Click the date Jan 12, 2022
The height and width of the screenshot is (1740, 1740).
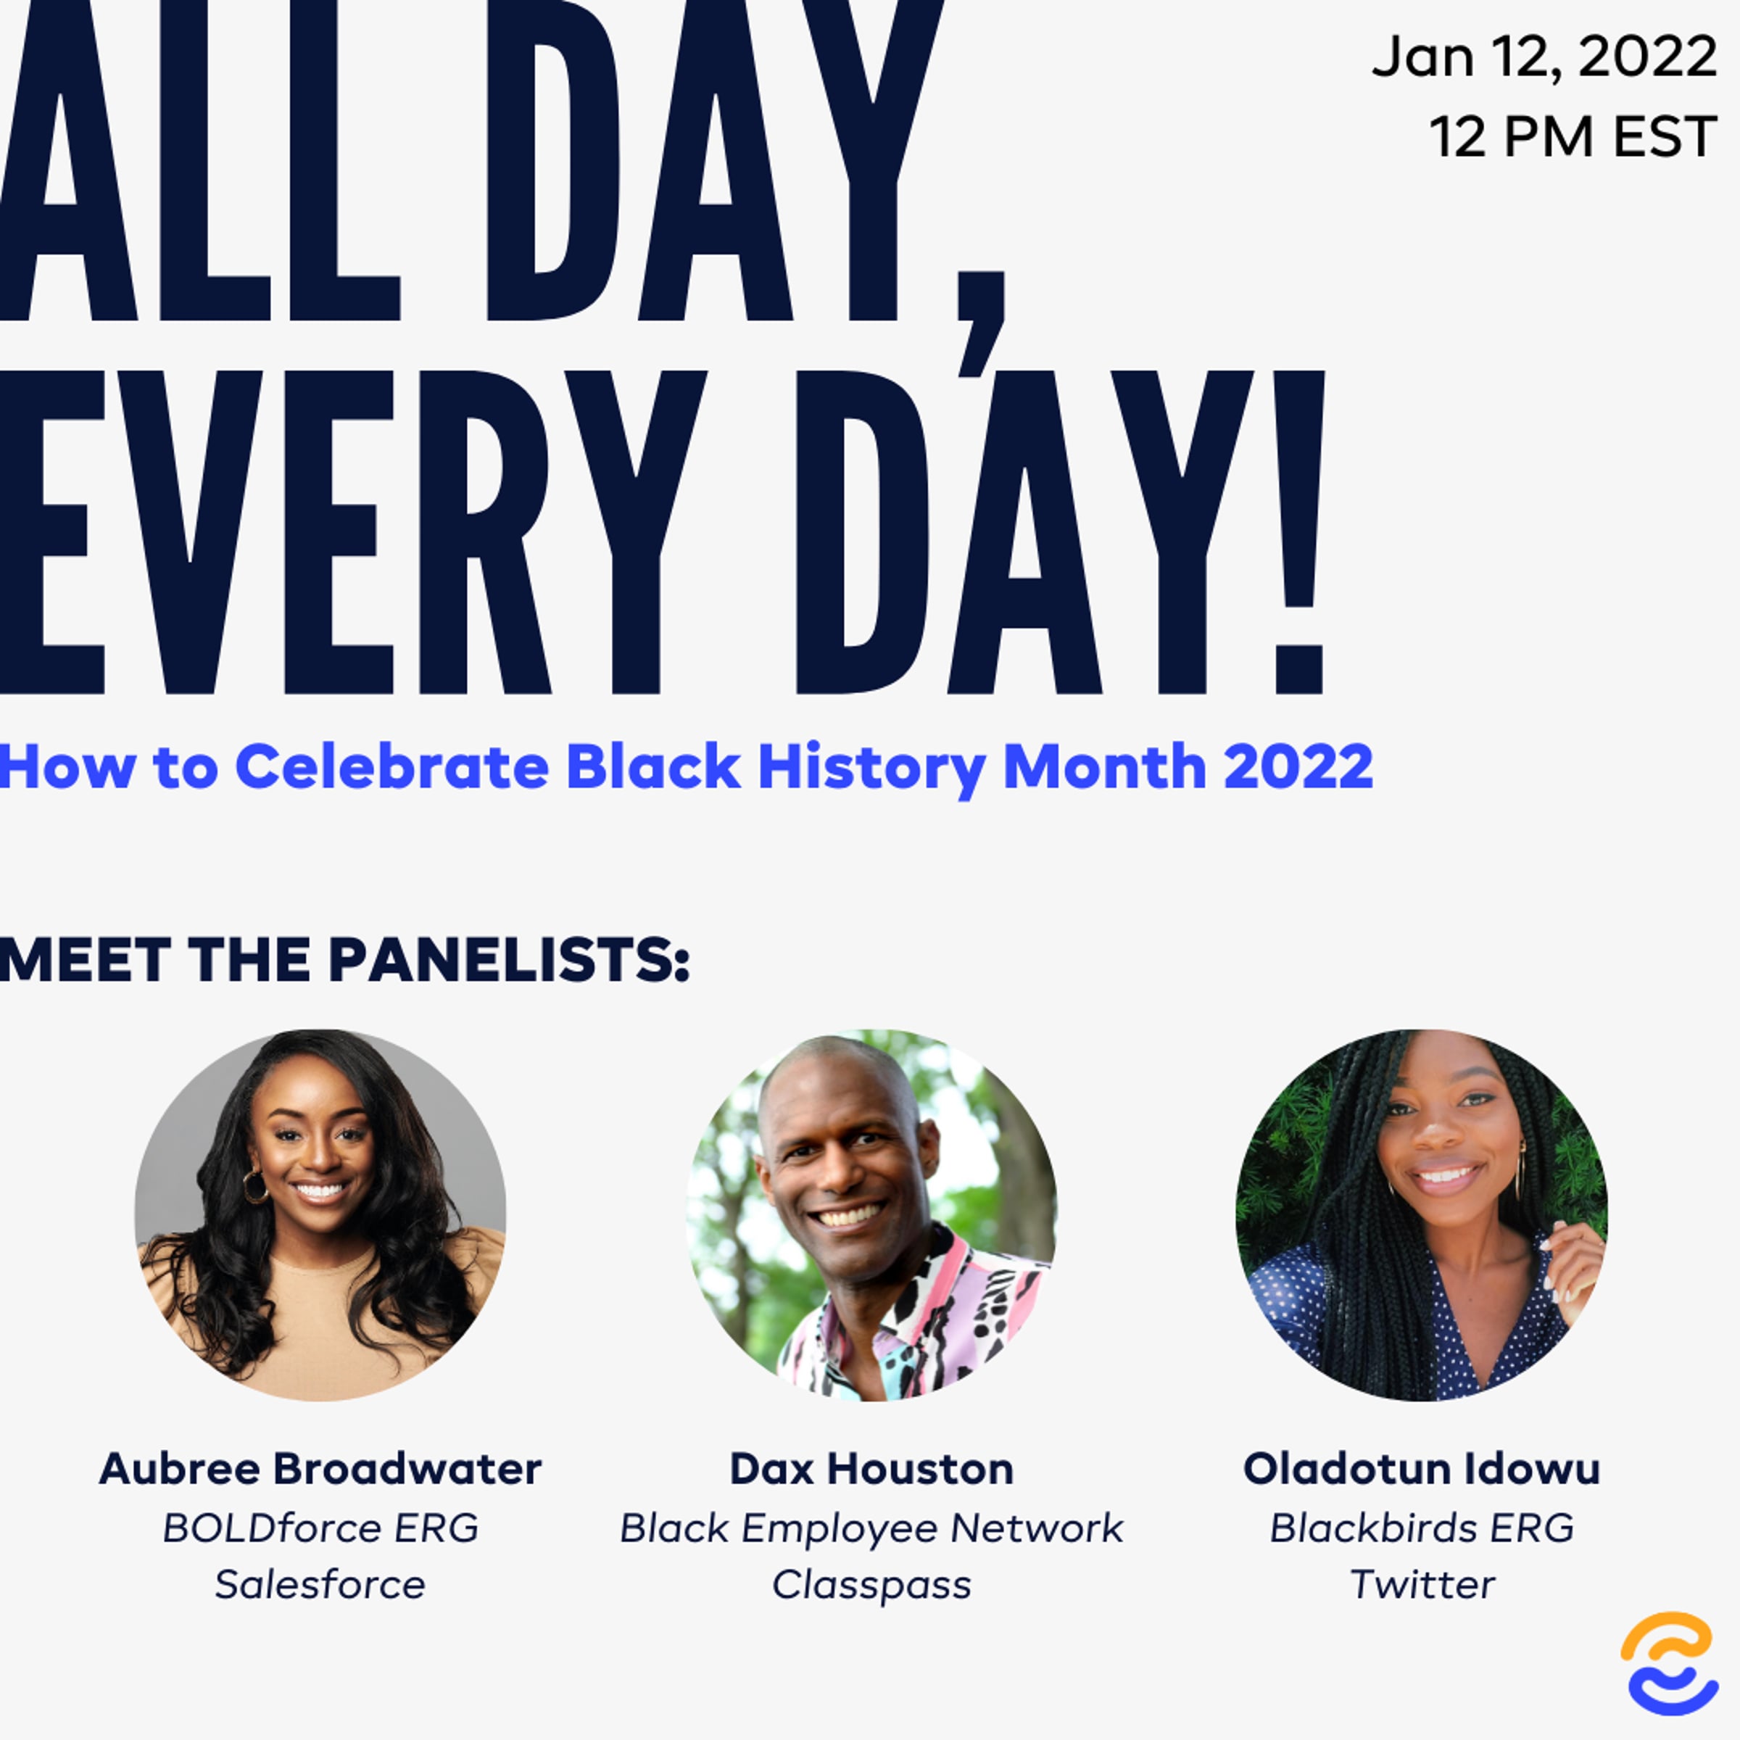click(x=1544, y=57)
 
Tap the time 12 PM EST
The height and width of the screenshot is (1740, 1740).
click(x=1573, y=137)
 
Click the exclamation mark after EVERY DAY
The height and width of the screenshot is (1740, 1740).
click(x=1300, y=531)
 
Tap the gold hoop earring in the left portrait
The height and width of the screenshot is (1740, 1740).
click(x=255, y=1186)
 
